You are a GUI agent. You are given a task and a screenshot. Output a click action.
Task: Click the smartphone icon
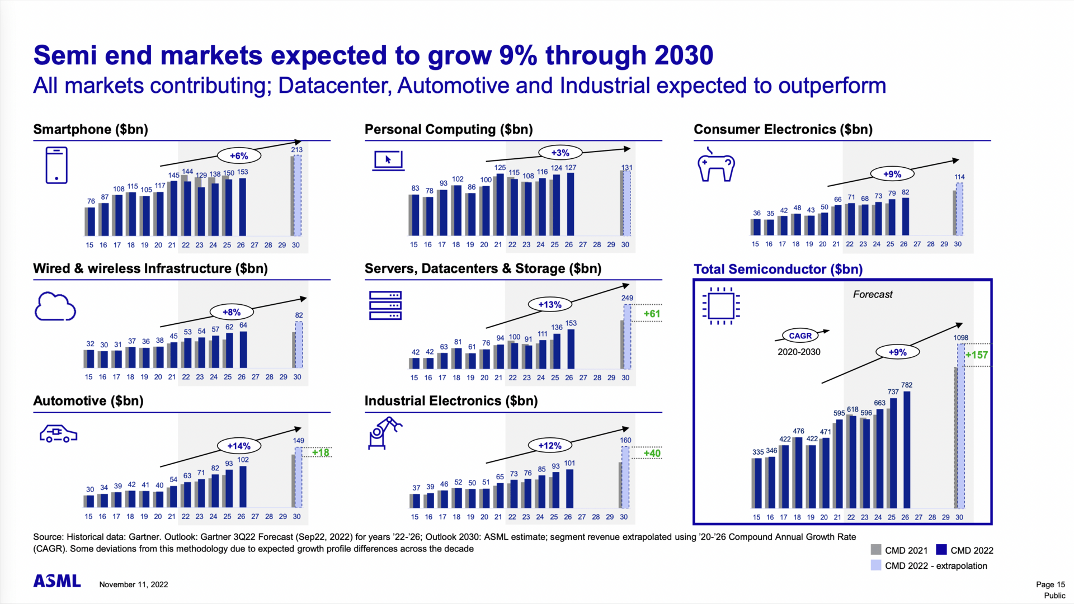click(56, 166)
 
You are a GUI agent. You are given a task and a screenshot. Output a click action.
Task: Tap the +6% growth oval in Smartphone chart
click(239, 156)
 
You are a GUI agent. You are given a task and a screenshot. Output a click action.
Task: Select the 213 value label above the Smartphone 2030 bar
click(296, 150)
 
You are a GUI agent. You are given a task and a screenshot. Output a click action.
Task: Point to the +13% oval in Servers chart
click(549, 305)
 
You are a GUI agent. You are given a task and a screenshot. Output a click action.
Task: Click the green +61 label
click(652, 314)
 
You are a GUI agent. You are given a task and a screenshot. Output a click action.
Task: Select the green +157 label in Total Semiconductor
click(976, 355)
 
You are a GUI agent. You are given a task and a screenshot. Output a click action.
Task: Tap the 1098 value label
click(960, 338)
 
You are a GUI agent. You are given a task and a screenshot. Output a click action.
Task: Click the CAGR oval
click(800, 336)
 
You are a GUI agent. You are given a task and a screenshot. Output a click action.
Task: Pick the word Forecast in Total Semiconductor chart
click(873, 295)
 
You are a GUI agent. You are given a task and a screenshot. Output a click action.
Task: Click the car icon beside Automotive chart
click(58, 434)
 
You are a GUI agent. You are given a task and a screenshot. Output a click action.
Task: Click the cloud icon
click(55, 306)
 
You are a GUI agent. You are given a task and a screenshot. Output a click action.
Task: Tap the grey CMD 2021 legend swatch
click(876, 550)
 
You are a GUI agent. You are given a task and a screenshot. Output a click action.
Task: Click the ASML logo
click(57, 581)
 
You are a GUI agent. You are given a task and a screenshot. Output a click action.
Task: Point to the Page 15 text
click(1050, 584)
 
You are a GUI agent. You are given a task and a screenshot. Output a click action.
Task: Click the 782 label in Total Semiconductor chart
click(907, 385)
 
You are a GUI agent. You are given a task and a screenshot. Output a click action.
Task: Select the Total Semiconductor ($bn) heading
click(778, 270)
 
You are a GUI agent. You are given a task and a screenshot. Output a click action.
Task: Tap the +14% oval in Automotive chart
click(239, 446)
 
